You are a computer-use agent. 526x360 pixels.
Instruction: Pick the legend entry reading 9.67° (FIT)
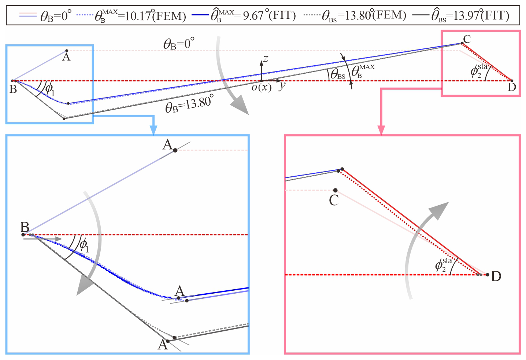tap(253, 15)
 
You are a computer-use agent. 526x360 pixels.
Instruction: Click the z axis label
tap(266, 58)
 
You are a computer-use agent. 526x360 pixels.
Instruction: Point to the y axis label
tap(282, 87)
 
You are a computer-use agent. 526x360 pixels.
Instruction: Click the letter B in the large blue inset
tap(25, 227)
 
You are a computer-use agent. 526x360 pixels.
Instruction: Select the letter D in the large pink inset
tap(496, 276)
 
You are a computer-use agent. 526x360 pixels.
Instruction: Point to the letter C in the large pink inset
tap(334, 200)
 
